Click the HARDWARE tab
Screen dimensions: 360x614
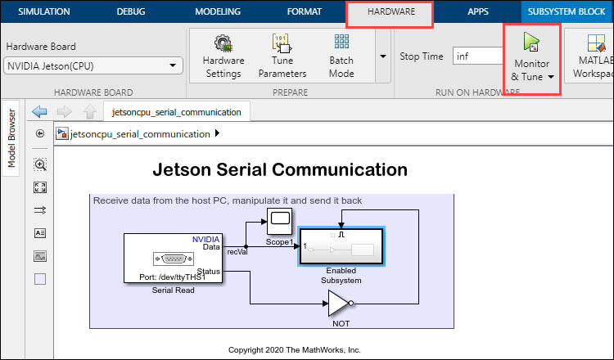(x=390, y=13)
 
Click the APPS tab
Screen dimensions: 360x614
(x=477, y=13)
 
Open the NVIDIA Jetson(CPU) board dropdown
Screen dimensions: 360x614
(x=93, y=65)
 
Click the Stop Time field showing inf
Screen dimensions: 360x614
(x=477, y=56)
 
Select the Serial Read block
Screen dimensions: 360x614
(x=173, y=258)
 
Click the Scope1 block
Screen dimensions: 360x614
(x=279, y=219)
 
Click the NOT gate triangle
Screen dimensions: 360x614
(x=339, y=304)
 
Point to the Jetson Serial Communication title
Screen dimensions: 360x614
(x=280, y=170)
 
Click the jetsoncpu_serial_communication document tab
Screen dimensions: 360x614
(x=177, y=112)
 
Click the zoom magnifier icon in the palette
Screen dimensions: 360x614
(x=40, y=164)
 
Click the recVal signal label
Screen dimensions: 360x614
(x=237, y=252)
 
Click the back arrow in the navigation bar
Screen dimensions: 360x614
(x=38, y=112)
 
